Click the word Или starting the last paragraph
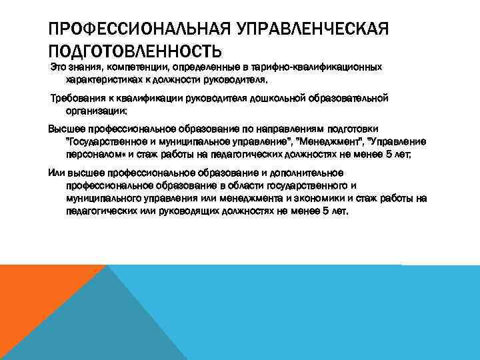(57, 173)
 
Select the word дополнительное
(305, 173)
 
